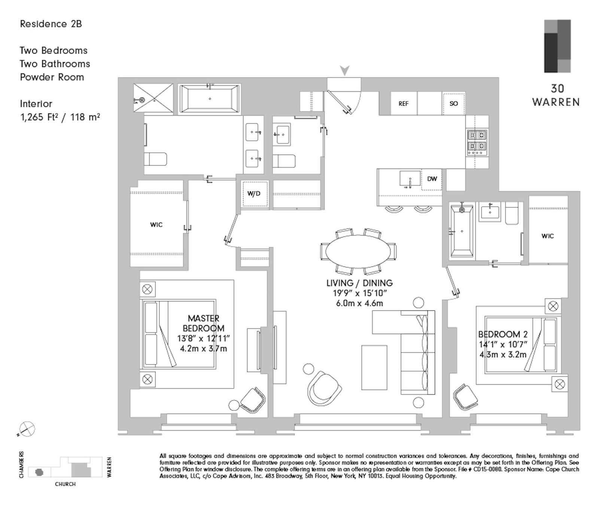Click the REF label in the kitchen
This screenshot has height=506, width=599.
pyautogui.click(x=403, y=104)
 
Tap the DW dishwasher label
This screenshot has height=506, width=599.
pyautogui.click(x=432, y=179)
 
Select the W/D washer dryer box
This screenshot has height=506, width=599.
pyautogui.click(x=254, y=194)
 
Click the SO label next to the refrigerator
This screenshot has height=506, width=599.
pyautogui.click(x=453, y=104)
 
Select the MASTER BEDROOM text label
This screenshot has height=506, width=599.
pyautogui.click(x=203, y=323)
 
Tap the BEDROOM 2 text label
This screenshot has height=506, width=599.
pyautogui.click(x=499, y=334)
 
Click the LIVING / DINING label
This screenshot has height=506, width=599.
pyautogui.click(x=359, y=283)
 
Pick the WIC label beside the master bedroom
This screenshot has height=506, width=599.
pyautogui.click(x=156, y=225)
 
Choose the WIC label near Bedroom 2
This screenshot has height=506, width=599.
pyautogui.click(x=547, y=236)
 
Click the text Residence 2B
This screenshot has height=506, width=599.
pyautogui.click(x=51, y=24)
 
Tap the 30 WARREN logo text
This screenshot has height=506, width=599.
pyautogui.click(x=557, y=96)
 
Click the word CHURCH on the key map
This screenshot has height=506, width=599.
pyautogui.click(x=65, y=484)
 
